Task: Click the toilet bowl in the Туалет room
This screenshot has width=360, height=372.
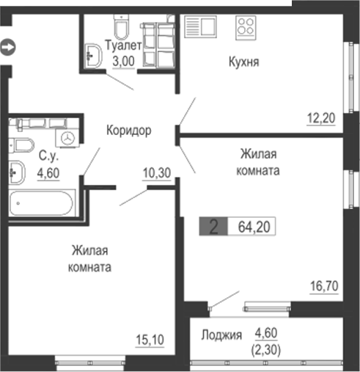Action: [x=121, y=27]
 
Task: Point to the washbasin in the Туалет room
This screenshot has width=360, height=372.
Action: [x=94, y=54]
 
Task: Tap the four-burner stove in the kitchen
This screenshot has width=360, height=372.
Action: [x=246, y=29]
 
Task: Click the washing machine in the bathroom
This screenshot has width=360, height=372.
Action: [x=67, y=136]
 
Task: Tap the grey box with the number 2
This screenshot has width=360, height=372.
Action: [x=213, y=227]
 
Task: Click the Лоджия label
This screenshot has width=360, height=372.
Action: [x=221, y=335]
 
